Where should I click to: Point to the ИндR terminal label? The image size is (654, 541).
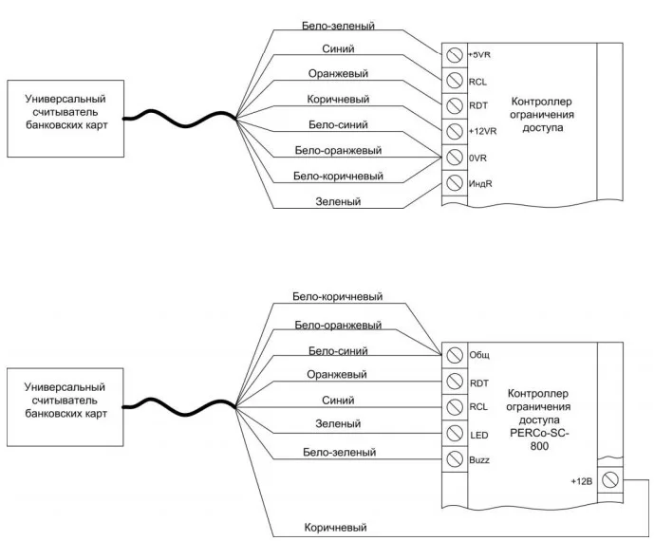click(478, 182)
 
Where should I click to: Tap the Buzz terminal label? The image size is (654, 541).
click(479, 460)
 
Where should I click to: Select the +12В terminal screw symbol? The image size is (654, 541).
click(610, 480)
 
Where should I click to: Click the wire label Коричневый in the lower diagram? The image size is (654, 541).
click(335, 527)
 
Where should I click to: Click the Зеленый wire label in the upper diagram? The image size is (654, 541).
click(339, 201)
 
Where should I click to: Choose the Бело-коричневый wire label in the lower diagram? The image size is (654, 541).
click(338, 296)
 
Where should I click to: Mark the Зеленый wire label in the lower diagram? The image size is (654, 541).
click(338, 423)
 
